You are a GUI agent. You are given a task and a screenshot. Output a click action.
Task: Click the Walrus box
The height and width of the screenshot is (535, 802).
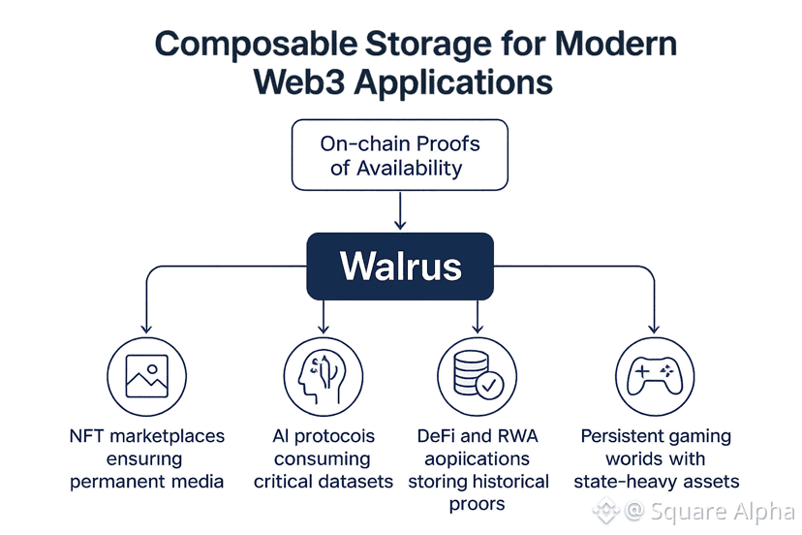click(x=400, y=265)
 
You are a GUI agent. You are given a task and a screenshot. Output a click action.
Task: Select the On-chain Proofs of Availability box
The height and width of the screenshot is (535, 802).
click(x=400, y=155)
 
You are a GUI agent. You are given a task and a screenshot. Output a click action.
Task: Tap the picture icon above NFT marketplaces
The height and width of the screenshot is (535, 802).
click(x=146, y=377)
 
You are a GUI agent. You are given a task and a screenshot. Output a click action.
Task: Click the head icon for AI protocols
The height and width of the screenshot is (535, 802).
click(x=323, y=377)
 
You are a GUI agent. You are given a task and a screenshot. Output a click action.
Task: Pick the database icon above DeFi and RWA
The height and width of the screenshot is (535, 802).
click(x=478, y=377)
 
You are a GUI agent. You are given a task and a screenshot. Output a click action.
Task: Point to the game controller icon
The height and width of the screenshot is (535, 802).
click(x=655, y=377)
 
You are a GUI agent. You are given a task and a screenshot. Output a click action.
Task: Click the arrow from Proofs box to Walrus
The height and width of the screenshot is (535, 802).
click(x=400, y=210)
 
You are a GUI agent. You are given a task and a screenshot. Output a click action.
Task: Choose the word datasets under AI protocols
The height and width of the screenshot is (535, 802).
click(x=356, y=481)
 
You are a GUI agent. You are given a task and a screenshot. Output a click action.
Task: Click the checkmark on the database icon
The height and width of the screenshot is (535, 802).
click(x=490, y=385)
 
